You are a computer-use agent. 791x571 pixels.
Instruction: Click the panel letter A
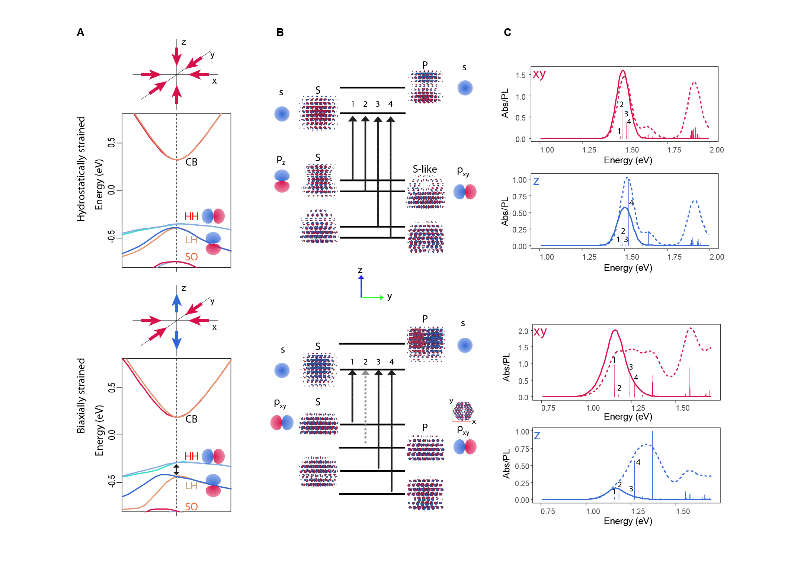click(x=80, y=33)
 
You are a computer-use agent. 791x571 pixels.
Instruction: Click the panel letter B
click(x=280, y=33)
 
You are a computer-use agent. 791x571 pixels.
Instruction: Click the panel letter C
click(x=507, y=33)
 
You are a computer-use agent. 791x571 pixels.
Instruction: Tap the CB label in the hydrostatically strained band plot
click(x=191, y=162)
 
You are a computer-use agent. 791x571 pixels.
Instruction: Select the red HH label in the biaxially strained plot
click(x=191, y=456)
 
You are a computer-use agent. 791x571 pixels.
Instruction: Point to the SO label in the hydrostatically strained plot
click(x=191, y=257)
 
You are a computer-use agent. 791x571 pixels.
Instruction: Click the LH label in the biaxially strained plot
click(x=191, y=485)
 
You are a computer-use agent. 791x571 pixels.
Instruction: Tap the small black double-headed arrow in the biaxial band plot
click(x=176, y=470)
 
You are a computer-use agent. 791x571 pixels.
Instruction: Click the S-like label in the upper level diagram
click(x=425, y=169)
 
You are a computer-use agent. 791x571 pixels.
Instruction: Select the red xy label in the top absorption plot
click(x=539, y=74)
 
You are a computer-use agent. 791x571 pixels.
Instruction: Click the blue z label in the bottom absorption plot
click(x=537, y=435)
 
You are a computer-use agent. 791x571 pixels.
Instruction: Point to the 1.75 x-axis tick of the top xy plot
click(x=674, y=150)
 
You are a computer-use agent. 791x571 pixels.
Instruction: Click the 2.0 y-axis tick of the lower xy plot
click(x=523, y=331)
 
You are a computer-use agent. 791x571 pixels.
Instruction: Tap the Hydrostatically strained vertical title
click(x=81, y=169)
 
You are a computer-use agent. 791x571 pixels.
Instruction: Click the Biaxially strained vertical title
click(x=81, y=396)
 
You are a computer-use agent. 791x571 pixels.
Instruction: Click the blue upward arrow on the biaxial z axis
click(x=177, y=303)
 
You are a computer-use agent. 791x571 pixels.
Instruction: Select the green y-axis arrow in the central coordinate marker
click(x=372, y=297)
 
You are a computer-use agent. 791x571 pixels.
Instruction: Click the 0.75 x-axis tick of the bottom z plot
click(x=548, y=511)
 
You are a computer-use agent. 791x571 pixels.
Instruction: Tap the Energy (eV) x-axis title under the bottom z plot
click(x=628, y=521)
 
